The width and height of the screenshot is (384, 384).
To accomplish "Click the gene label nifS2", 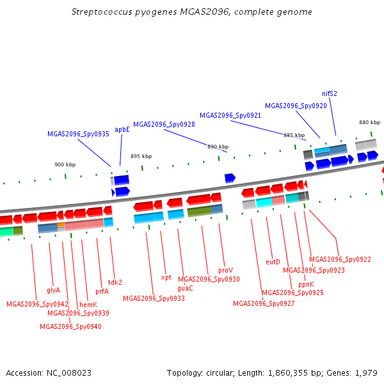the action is (330, 93).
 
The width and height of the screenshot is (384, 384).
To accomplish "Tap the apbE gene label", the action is (122, 129).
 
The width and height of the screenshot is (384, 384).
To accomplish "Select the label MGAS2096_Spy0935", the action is (78, 134).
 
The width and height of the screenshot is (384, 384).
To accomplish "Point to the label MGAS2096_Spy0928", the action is (164, 124).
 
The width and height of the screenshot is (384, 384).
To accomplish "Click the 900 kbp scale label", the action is (65, 164).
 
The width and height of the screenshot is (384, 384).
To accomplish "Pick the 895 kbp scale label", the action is (141, 156).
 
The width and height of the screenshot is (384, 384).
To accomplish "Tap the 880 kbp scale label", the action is (369, 122).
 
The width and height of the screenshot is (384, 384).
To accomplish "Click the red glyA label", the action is (53, 290).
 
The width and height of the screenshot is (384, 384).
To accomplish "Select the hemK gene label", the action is (88, 305).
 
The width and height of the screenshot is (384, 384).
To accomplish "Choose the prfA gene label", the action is (102, 291).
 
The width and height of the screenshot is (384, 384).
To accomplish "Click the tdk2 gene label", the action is (115, 282).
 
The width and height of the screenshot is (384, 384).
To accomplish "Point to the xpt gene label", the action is (166, 278).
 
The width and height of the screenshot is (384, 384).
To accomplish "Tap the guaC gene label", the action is (185, 288).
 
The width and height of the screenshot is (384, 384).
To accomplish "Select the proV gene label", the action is (225, 270).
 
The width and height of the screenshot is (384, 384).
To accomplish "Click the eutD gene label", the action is (273, 262).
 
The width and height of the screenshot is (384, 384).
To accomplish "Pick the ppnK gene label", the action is (306, 284).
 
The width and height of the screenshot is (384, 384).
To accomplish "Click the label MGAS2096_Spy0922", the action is (340, 259).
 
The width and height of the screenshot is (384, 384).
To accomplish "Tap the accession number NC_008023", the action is (69, 373).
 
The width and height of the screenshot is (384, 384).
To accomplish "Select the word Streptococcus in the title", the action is (102, 12).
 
